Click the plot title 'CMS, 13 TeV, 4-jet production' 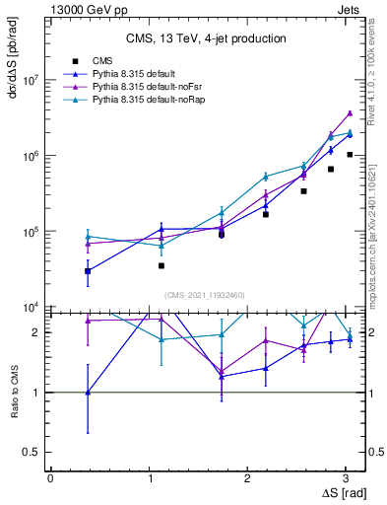coord(206,38)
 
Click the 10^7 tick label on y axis coord(30,81)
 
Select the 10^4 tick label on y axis coord(30,308)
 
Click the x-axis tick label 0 coord(50,477)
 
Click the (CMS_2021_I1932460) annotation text coord(205,295)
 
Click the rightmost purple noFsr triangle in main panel coord(350,113)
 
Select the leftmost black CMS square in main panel coord(88,270)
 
